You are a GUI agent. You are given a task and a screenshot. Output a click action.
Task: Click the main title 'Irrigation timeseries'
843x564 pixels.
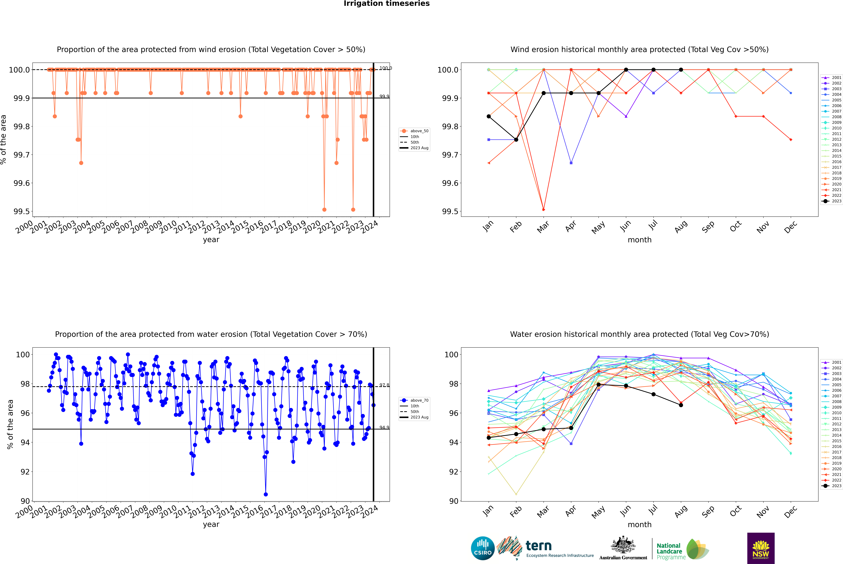pyautogui.click(x=387, y=4)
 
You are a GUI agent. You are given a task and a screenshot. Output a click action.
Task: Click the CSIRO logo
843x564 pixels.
pyautogui.click(x=483, y=548)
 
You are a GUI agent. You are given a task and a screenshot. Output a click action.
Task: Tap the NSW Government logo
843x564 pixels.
pyautogui.click(x=761, y=548)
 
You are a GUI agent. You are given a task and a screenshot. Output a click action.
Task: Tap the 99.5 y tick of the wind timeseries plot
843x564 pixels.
pyautogui.click(x=22, y=211)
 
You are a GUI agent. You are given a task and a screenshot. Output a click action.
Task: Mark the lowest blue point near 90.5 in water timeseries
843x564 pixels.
pyautogui.click(x=266, y=494)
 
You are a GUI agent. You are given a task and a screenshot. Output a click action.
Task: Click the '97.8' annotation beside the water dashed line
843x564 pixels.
pyautogui.click(x=384, y=385)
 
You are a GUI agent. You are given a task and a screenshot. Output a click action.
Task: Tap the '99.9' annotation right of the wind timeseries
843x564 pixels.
pyautogui.click(x=384, y=96)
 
